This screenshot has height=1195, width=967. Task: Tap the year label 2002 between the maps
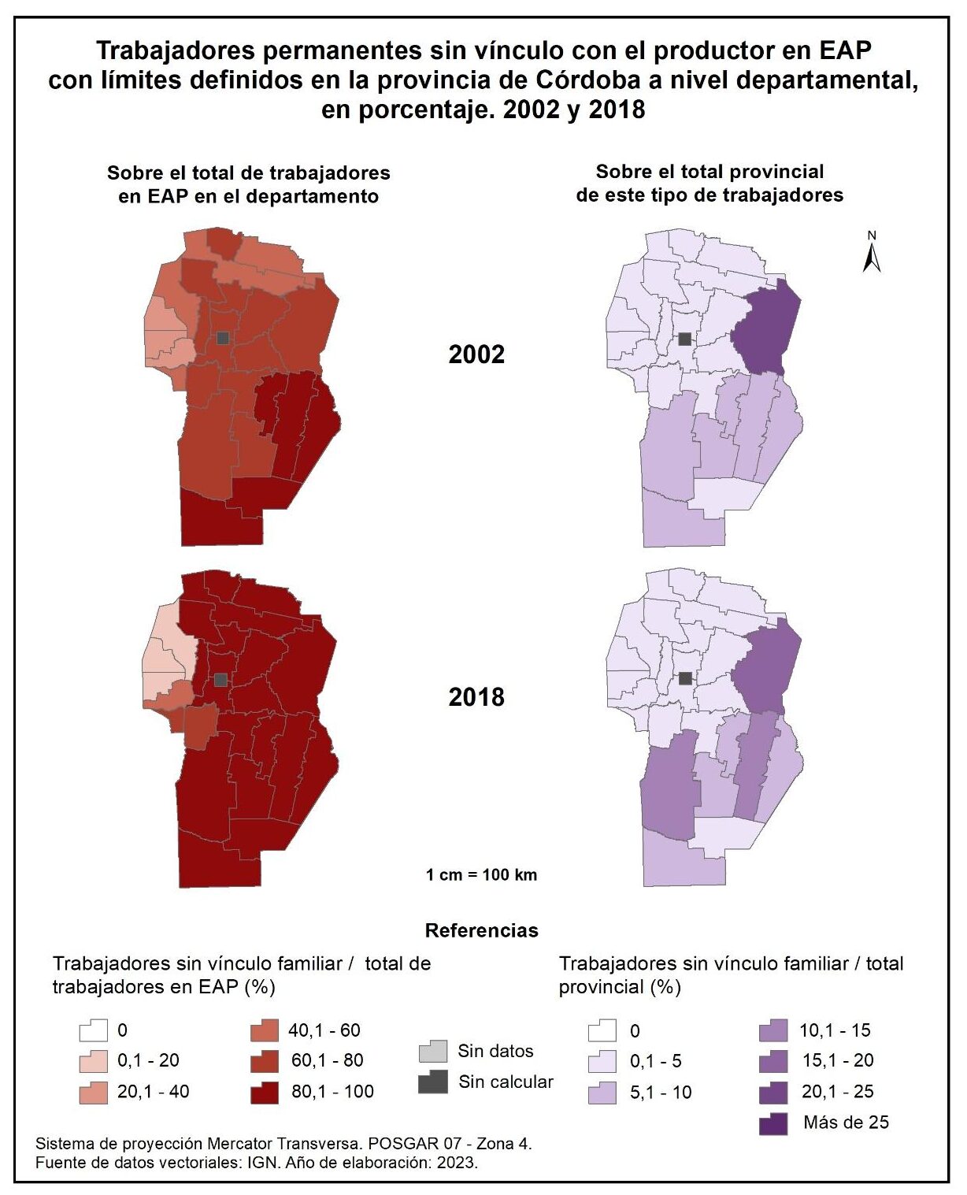click(x=476, y=354)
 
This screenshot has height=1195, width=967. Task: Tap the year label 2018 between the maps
click(x=476, y=696)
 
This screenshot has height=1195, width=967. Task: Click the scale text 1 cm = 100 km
click(x=481, y=874)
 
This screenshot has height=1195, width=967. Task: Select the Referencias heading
click(x=481, y=930)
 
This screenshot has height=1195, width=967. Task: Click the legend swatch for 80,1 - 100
click(x=265, y=1092)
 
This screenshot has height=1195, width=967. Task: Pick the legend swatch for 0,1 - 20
click(x=93, y=1061)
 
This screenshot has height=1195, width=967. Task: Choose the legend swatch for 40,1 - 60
click(x=265, y=1030)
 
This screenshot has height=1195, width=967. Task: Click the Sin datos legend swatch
click(x=433, y=1051)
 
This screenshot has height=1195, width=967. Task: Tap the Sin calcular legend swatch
click(x=433, y=1082)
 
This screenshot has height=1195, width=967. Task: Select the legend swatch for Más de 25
click(x=774, y=1123)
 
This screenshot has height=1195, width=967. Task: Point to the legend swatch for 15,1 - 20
click(x=774, y=1061)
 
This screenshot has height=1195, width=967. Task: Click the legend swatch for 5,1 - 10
click(x=602, y=1093)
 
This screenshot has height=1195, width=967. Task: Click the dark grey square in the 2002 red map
click(x=223, y=338)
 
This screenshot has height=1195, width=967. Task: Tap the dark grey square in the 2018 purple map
click(x=685, y=678)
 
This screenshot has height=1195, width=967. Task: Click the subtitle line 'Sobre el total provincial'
click(x=710, y=172)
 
